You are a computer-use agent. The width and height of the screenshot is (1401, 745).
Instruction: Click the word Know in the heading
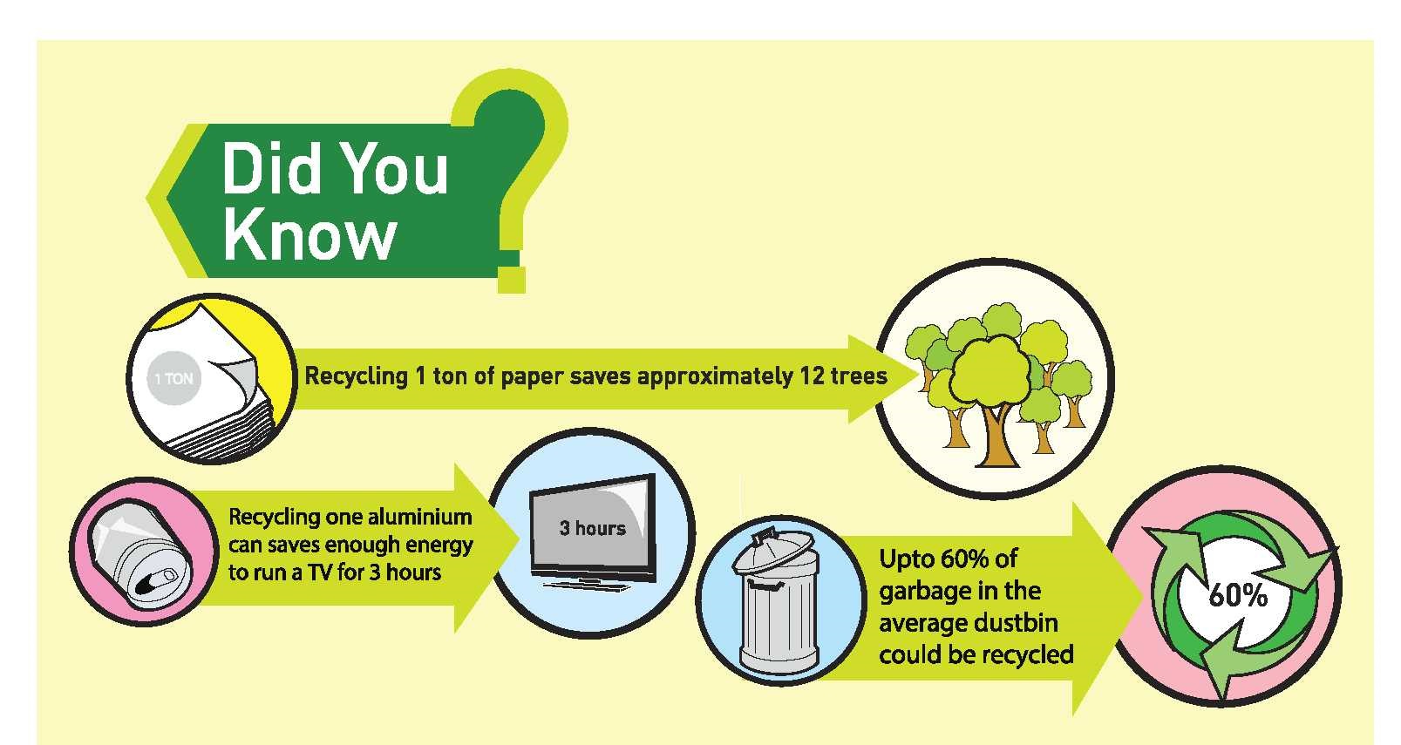pos(309,237)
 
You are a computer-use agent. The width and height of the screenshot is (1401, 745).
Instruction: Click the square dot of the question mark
pos(512,280)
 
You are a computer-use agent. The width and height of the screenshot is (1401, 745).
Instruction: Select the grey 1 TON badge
pos(173,378)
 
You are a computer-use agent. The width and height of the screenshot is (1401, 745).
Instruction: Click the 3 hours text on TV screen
pos(592,528)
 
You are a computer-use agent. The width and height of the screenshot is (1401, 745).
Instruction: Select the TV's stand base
pos(587,586)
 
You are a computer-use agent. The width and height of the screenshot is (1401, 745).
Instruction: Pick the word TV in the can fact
pos(322,572)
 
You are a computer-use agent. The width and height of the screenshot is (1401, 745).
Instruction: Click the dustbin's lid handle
pos(765,537)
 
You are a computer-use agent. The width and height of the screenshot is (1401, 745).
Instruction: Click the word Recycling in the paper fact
pos(356,376)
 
